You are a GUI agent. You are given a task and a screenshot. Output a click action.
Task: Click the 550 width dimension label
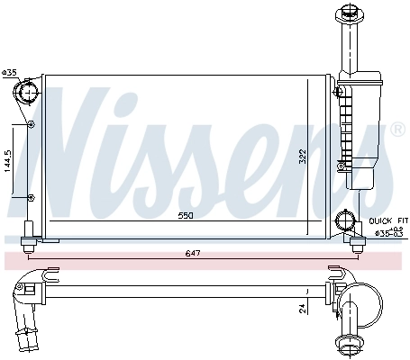[x=186, y=217]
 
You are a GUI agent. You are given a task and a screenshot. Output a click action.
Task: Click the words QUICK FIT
[x=388, y=219]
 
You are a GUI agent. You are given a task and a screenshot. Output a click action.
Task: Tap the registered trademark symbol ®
[x=397, y=130]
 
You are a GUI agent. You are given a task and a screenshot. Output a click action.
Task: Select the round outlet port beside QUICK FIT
[x=343, y=220]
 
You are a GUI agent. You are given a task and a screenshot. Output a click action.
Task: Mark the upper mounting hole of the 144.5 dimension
[x=32, y=124]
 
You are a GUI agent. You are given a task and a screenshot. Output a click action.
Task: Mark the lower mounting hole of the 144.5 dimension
[x=32, y=197]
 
